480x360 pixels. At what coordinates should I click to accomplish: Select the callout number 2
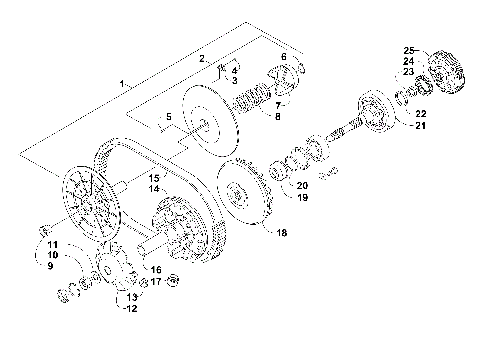click(202, 59)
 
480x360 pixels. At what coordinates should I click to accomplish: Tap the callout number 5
click(169, 117)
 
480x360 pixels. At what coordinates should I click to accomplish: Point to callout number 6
click(283, 57)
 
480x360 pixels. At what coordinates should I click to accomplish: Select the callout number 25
click(408, 50)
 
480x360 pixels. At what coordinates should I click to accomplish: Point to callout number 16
click(155, 270)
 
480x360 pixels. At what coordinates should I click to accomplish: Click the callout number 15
click(155, 177)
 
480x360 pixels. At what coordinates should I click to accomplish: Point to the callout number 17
click(155, 282)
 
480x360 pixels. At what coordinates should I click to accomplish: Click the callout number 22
click(421, 113)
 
